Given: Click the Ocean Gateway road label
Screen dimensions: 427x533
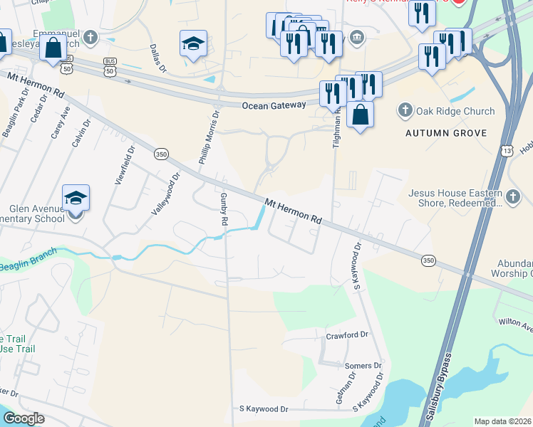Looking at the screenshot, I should pos(274,105).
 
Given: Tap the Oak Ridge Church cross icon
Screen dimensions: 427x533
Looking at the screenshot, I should pos(405,110).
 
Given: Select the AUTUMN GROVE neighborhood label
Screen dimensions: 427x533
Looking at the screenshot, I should pos(445,133).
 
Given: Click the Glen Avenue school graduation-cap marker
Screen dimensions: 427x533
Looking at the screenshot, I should pos(76,197).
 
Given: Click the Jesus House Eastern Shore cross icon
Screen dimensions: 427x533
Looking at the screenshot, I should pos(514,195).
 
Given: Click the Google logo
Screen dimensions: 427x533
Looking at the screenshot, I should pos(24,418).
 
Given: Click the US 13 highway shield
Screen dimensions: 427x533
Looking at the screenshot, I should pos(505,150).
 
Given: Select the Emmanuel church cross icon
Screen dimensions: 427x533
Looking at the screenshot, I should pos(90,37).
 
